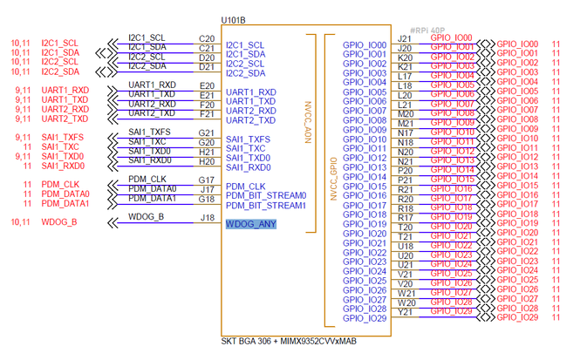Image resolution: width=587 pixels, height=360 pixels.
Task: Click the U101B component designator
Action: (x=233, y=19)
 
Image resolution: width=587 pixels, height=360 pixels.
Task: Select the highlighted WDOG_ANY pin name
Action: (x=251, y=225)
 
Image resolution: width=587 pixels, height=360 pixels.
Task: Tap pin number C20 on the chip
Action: (x=207, y=38)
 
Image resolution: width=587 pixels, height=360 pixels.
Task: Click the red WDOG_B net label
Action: (x=59, y=223)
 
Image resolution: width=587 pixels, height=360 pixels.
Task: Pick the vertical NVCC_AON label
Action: (x=308, y=118)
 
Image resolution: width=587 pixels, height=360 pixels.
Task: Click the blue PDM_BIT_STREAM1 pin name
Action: (x=266, y=206)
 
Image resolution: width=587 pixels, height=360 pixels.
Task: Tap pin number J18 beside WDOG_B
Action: (x=207, y=218)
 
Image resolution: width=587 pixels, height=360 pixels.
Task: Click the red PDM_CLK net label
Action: (x=60, y=185)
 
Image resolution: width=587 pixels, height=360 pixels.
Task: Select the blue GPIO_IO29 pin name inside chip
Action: (x=365, y=318)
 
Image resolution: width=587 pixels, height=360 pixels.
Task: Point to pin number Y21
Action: (x=406, y=312)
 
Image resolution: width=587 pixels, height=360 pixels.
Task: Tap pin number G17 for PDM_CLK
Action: (x=207, y=180)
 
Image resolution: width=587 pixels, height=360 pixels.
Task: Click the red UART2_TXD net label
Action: (x=65, y=119)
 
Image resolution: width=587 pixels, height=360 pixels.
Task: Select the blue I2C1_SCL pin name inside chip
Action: (x=245, y=45)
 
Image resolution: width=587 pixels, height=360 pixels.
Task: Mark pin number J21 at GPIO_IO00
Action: (x=405, y=39)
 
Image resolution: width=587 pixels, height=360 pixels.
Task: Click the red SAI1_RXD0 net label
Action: (x=63, y=166)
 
